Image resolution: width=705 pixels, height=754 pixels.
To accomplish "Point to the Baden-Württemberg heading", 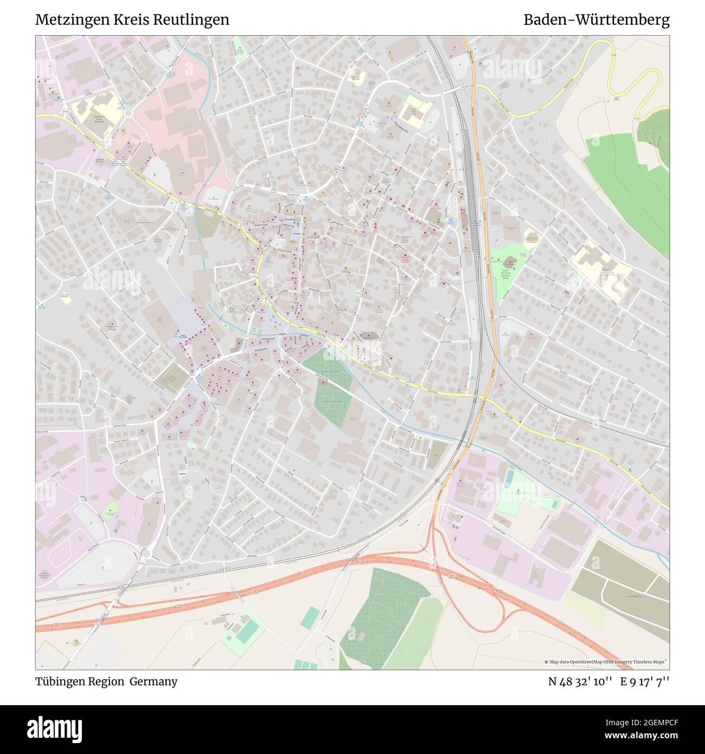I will point(596,20).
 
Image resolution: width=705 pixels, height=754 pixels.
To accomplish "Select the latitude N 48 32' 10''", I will point(580,681).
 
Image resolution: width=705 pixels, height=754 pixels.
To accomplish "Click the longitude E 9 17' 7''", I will point(645,681).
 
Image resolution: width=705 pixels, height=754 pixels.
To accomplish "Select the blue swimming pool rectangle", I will point(510,477).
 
